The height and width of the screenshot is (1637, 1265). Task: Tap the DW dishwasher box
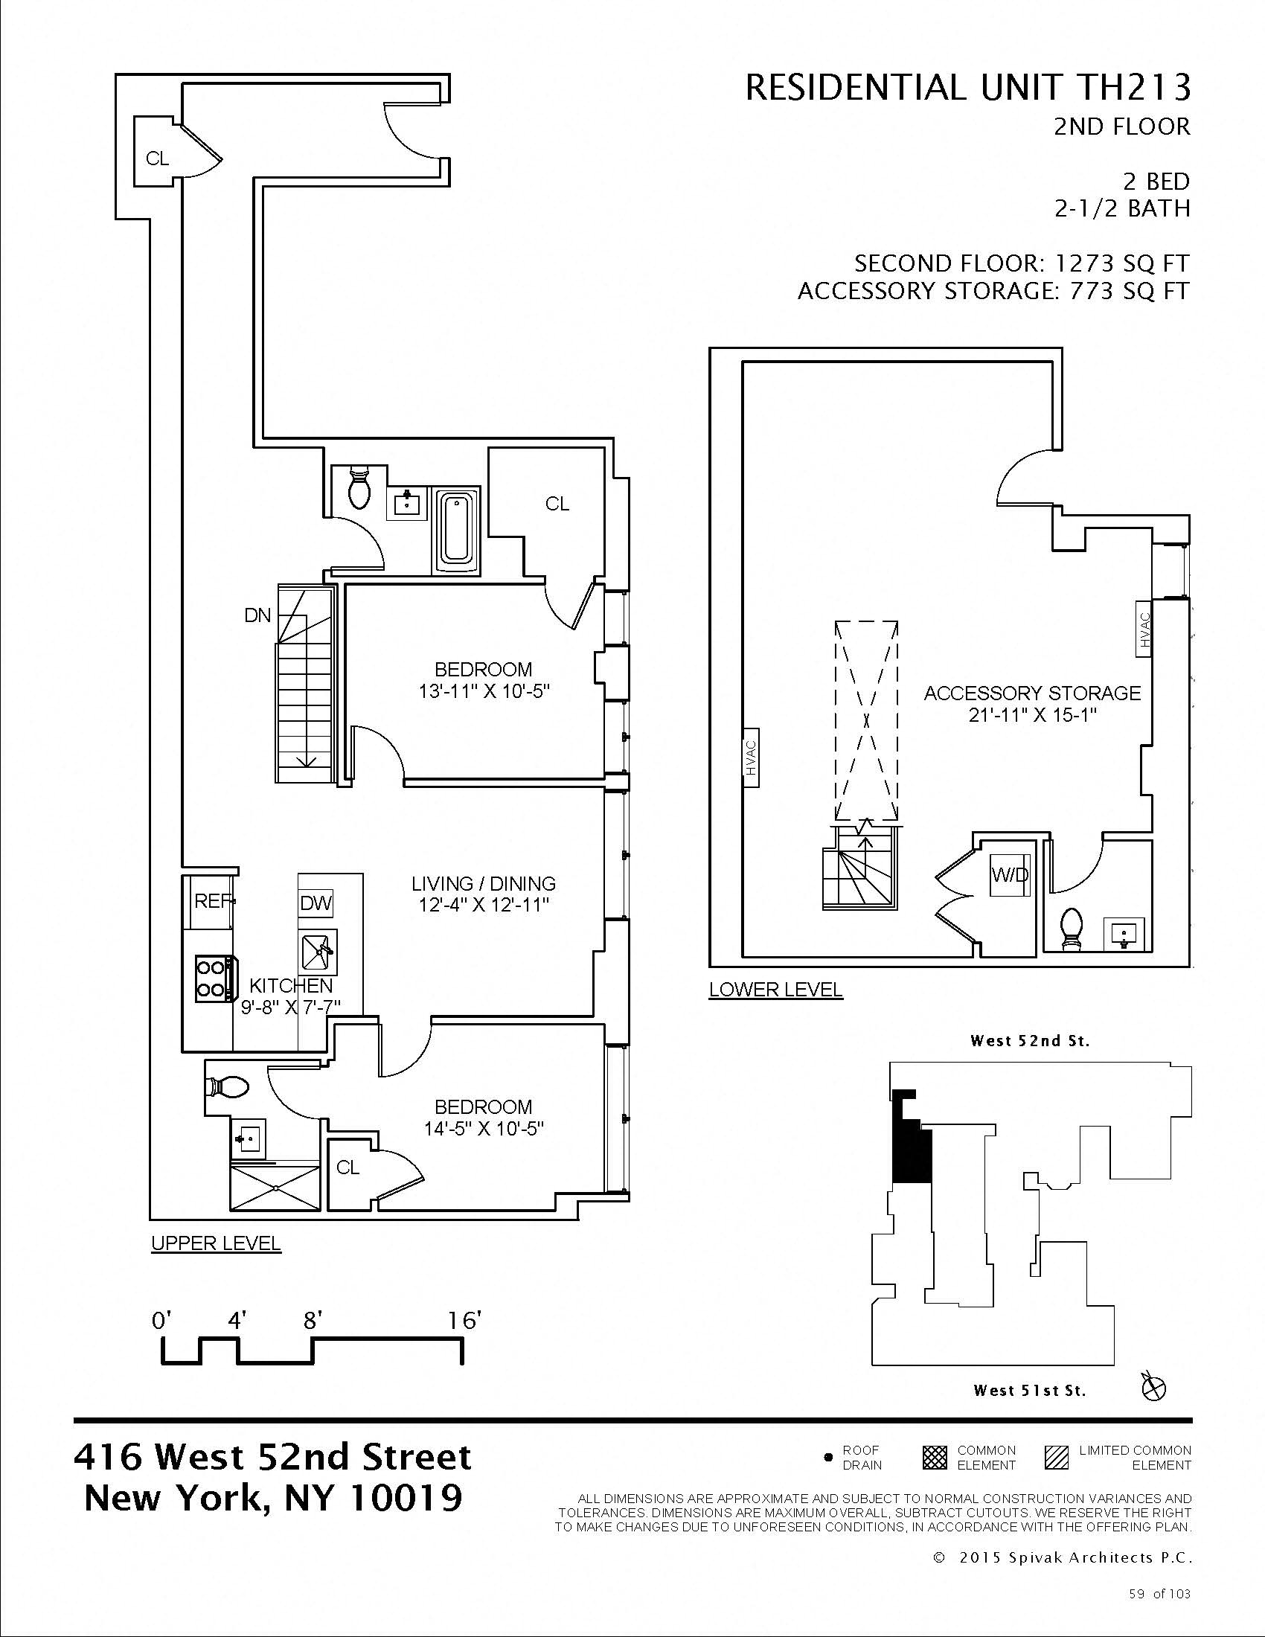coord(316,903)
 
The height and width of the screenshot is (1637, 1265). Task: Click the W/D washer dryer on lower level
coord(1010,875)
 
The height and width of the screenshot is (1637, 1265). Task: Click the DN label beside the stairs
coord(257,615)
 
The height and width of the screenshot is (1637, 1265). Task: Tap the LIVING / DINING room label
coord(484,884)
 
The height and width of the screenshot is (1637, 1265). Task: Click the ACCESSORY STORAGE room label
coord(1032,693)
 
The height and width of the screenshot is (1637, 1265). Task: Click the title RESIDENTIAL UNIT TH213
coord(967,89)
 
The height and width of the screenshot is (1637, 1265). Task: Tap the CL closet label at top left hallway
coord(157,159)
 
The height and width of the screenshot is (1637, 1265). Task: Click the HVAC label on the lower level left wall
coord(752,757)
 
